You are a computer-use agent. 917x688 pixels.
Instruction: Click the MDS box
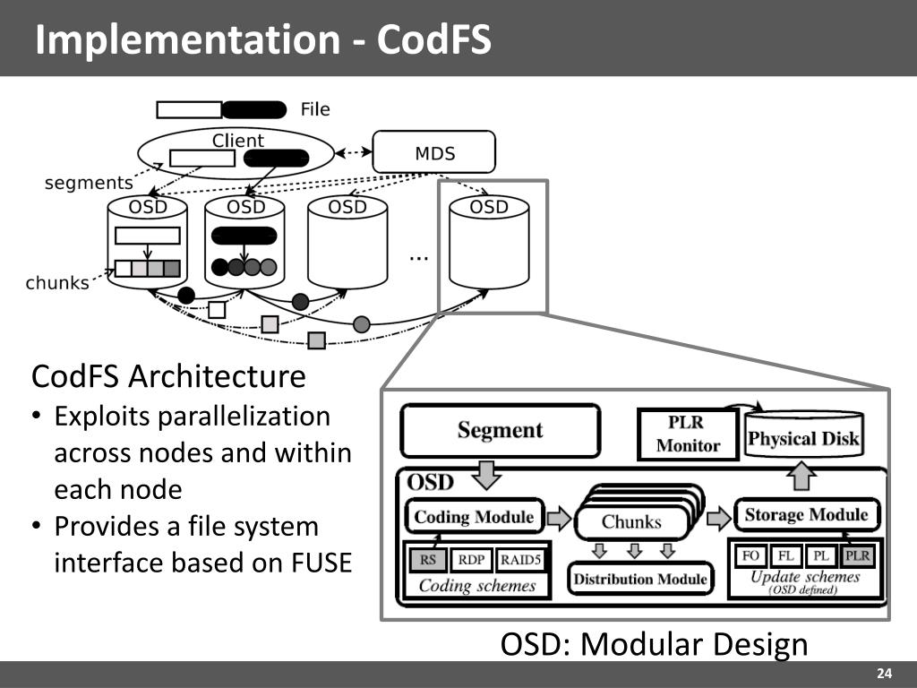pos(434,152)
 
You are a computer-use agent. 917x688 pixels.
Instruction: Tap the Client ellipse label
pos(237,141)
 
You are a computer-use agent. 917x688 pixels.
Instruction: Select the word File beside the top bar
pos(315,109)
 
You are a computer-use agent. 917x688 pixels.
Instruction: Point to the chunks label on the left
pos(57,283)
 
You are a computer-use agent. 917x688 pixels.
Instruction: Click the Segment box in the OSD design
pos(500,431)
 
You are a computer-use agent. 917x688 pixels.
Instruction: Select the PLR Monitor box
pos(688,434)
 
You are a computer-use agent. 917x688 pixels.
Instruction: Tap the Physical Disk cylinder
pos(803,438)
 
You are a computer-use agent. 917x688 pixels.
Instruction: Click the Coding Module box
pos(474,517)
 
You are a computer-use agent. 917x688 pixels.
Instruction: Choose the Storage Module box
pos(806,515)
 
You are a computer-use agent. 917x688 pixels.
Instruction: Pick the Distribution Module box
pos(640,580)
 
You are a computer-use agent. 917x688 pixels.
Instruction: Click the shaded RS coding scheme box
pos(428,560)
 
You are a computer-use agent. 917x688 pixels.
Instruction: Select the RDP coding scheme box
pos(471,560)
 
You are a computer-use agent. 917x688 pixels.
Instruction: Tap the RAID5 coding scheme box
pos(518,560)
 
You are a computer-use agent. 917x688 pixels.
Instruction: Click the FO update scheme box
pos(750,556)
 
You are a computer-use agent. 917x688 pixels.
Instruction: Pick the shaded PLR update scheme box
pos(857,556)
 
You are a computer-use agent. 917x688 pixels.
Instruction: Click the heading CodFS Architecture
pos(168,376)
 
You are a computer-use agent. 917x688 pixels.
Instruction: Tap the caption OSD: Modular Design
pos(654,644)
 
